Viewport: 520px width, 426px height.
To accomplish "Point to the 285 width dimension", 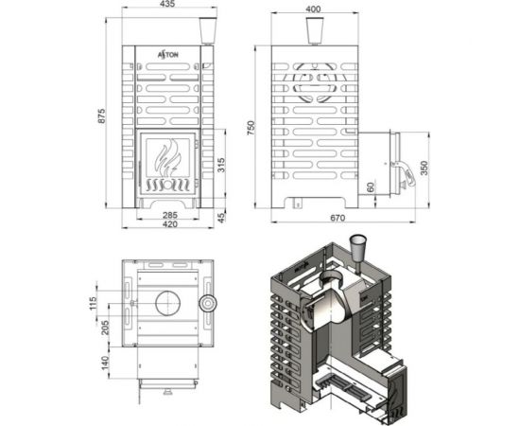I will [165, 216].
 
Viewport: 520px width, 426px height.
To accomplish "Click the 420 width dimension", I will [167, 227].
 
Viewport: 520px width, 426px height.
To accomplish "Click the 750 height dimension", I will [251, 129].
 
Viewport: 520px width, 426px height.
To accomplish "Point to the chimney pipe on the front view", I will [208, 31].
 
